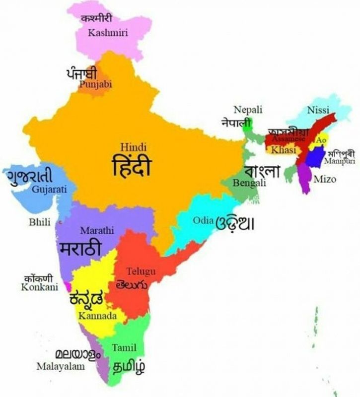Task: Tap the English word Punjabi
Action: click(x=95, y=84)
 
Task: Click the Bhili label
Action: click(x=40, y=222)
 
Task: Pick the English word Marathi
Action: click(x=97, y=231)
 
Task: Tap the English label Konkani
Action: click(x=36, y=287)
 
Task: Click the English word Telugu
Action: click(x=141, y=271)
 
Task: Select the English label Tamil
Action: click(x=124, y=348)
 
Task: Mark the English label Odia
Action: click(x=203, y=220)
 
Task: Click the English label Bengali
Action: click(x=250, y=183)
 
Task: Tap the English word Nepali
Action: click(x=248, y=110)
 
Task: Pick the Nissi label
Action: click(x=318, y=110)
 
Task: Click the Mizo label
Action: click(x=325, y=179)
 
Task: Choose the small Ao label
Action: click(x=321, y=140)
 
